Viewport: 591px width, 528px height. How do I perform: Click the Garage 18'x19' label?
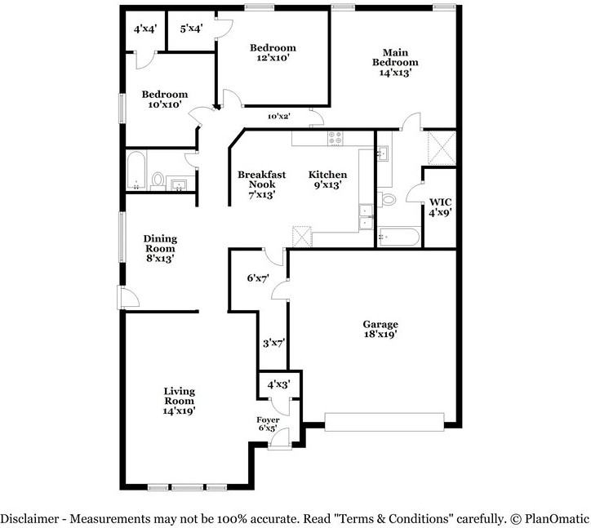(380, 328)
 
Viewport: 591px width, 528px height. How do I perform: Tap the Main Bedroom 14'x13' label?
(395, 62)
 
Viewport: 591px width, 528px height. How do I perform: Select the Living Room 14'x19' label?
(179, 401)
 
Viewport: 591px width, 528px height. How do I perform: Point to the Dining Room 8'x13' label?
(161, 248)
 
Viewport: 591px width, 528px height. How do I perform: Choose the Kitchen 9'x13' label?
(327, 180)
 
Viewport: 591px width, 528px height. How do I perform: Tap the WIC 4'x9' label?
(440, 206)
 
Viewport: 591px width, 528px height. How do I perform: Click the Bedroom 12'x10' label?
(273, 53)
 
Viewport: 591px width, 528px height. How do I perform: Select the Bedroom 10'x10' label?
(164, 100)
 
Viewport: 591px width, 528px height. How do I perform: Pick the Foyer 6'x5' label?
(268, 424)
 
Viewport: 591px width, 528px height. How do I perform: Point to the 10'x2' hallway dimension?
(279, 117)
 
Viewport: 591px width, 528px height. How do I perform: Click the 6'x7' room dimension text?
(259, 278)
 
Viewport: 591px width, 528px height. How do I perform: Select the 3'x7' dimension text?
(272, 344)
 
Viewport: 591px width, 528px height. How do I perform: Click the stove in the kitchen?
(335, 139)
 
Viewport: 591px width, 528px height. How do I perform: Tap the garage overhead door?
(384, 420)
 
